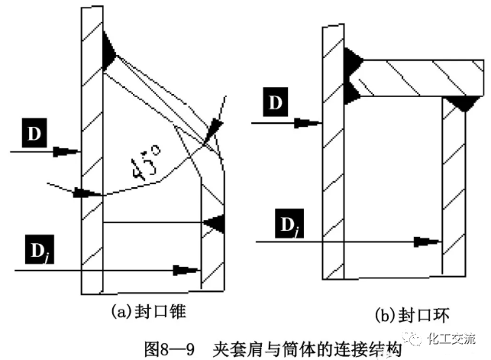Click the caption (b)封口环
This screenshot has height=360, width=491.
(x=405, y=314)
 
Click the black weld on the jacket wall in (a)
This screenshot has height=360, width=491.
(x=215, y=222)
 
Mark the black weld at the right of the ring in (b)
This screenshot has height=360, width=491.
(x=460, y=102)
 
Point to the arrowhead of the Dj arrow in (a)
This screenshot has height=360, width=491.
(x=183, y=269)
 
